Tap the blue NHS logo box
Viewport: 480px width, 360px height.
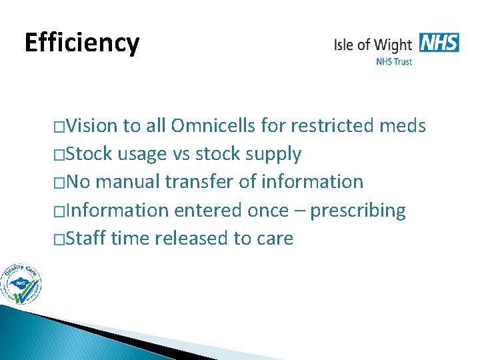pyautogui.click(x=439, y=43)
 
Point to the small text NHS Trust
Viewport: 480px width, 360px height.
pyautogui.click(x=394, y=62)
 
